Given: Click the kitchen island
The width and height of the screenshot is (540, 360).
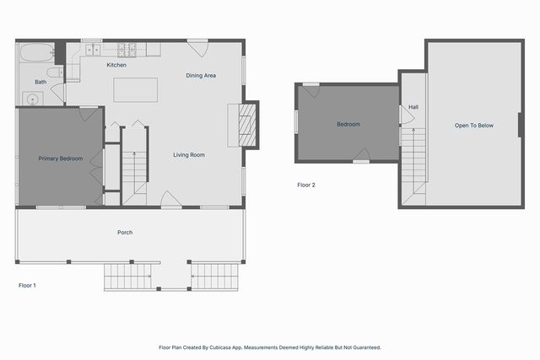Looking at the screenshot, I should pos(136,89).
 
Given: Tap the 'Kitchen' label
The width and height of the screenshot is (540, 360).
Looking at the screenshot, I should pos(116,65).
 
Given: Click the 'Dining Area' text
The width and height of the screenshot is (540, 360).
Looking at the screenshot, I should pos(201,76).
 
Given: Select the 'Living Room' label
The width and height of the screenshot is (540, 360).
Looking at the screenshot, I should pos(189,154).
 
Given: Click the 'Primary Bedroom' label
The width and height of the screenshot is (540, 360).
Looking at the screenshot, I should pos(60,158).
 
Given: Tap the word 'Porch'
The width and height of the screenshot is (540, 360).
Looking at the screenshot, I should pos(125,233).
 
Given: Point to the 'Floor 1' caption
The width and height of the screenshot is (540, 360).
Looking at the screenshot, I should pos(27,286).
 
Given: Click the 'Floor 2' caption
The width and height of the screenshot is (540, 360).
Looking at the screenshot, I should pos(306,185).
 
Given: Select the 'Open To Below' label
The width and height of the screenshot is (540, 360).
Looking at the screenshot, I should pos(473,126).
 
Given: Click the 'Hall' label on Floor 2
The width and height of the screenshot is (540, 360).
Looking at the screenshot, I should pos(413,107).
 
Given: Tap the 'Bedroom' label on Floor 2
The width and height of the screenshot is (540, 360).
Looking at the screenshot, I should pos(348,124).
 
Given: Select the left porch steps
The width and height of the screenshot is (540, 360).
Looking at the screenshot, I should pos(127,275).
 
